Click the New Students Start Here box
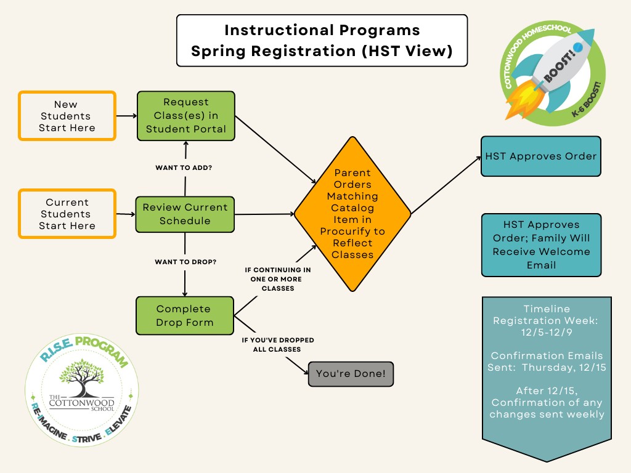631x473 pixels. point(67,116)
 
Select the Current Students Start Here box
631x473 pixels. point(67,214)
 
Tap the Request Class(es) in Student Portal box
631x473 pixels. point(185,115)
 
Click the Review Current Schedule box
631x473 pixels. point(185,214)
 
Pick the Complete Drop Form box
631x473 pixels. point(185,315)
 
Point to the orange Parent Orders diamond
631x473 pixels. point(352,214)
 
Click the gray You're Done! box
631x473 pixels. point(350,374)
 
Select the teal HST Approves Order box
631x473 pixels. point(540,156)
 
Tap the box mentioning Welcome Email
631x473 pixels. point(540,245)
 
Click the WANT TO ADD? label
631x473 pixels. point(185,167)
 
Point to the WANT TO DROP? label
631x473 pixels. point(185,262)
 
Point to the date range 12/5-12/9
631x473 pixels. point(546,332)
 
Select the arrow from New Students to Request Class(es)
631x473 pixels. point(126,115)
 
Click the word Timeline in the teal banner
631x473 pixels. point(546,309)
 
